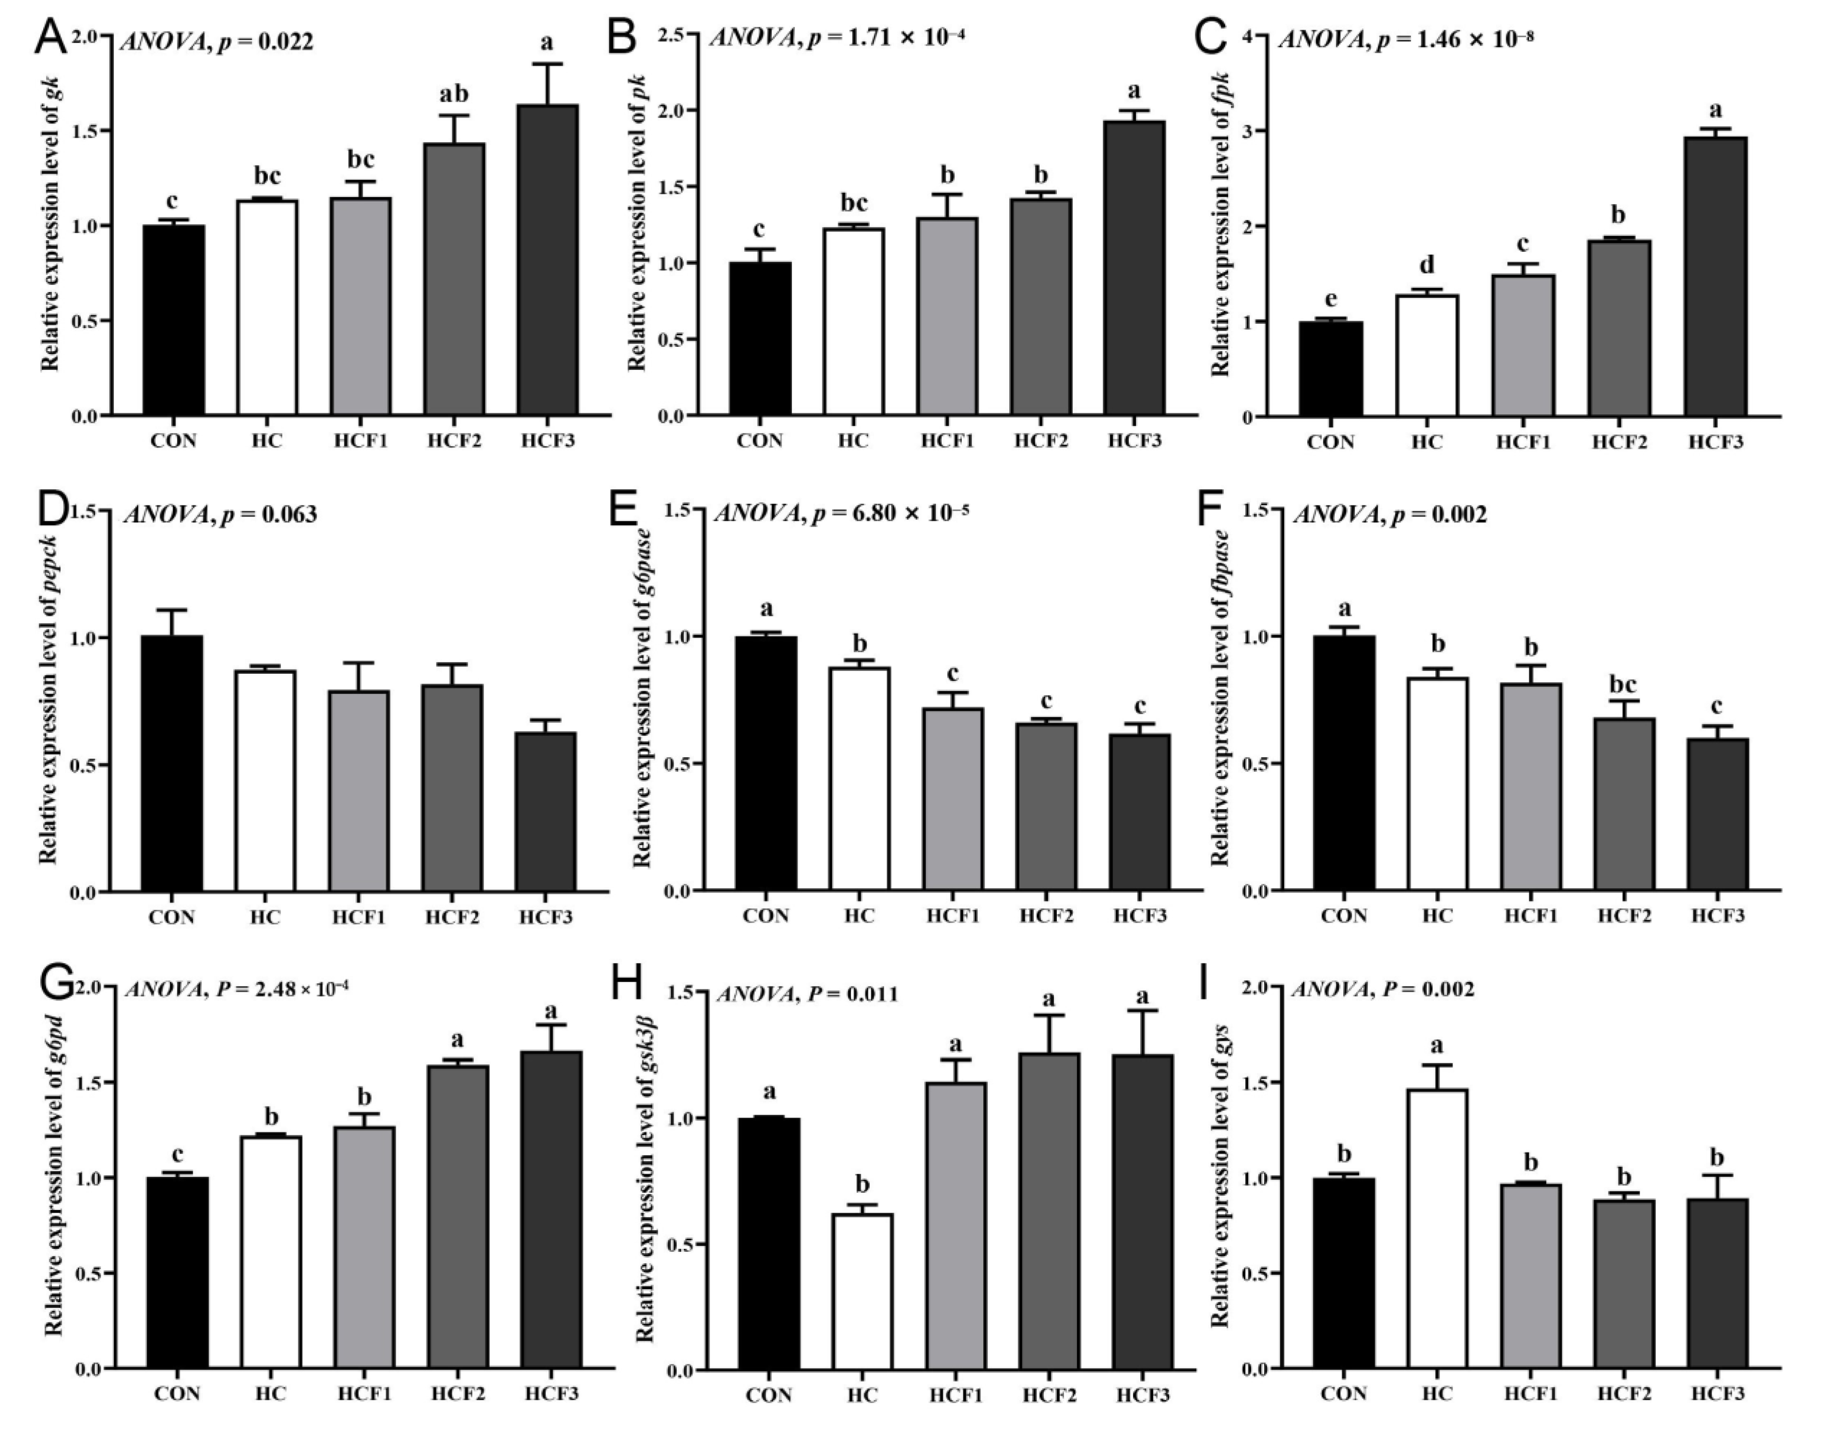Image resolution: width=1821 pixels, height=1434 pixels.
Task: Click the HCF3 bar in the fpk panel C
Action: point(1715,277)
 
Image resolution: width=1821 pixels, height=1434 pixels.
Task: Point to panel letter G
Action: point(56,985)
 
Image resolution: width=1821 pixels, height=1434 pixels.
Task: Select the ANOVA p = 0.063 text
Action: point(221,514)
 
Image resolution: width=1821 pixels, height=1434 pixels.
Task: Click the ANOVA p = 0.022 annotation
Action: point(217,41)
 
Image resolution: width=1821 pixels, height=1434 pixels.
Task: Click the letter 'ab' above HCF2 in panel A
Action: point(454,93)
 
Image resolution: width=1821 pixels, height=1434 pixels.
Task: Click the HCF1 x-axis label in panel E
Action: point(953,915)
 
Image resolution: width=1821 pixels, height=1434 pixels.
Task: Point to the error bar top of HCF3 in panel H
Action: point(1142,1011)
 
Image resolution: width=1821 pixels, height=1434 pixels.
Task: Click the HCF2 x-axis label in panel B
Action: point(1040,440)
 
